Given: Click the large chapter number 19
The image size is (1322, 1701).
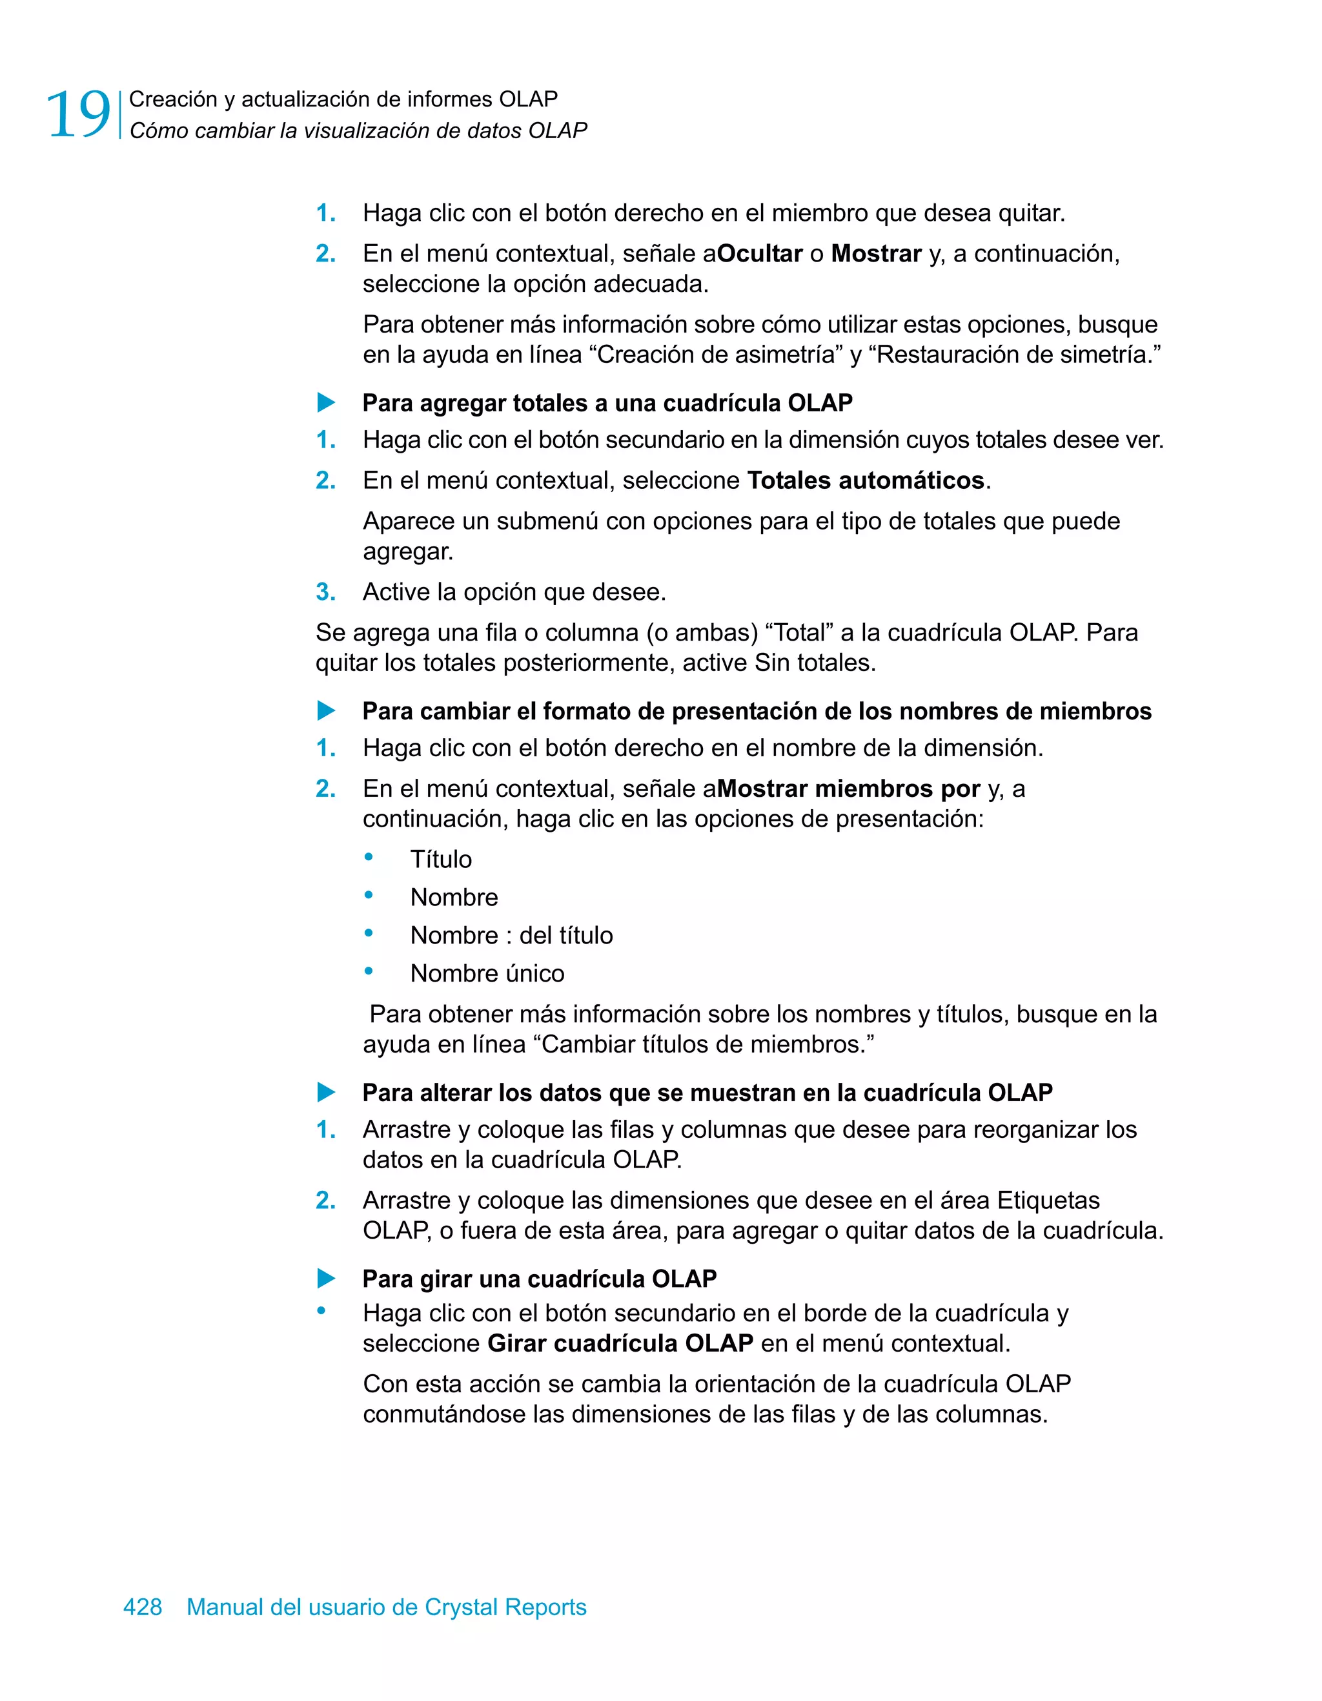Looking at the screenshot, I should click(78, 115).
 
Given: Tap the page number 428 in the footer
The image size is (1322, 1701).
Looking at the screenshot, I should click(143, 1607).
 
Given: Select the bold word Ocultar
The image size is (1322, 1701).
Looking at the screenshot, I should click(759, 254).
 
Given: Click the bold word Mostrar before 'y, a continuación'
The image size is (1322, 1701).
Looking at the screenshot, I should click(876, 254).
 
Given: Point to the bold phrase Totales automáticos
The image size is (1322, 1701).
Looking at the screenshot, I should click(866, 480).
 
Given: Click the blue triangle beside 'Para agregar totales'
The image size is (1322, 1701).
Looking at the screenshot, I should click(326, 403).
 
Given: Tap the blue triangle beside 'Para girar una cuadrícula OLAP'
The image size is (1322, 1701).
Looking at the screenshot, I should click(326, 1279).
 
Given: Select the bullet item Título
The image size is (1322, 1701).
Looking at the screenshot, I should click(441, 859).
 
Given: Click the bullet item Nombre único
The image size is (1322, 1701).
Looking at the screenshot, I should click(487, 974).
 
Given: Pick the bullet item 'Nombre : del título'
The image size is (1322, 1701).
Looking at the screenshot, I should click(511, 935).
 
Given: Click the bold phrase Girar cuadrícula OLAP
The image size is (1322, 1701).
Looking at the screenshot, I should click(620, 1343).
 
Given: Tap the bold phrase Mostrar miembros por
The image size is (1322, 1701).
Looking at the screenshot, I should click(848, 789).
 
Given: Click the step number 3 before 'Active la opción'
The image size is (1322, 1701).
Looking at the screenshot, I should click(325, 592).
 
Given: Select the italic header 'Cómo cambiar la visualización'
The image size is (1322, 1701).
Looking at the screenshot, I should click(358, 131).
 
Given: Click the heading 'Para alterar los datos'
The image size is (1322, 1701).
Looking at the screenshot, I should click(707, 1093).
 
